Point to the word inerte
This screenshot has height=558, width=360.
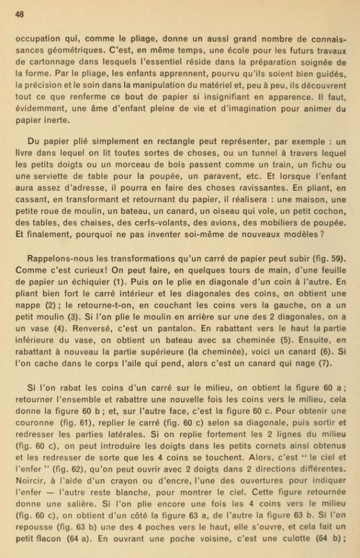[x=56, y=119]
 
